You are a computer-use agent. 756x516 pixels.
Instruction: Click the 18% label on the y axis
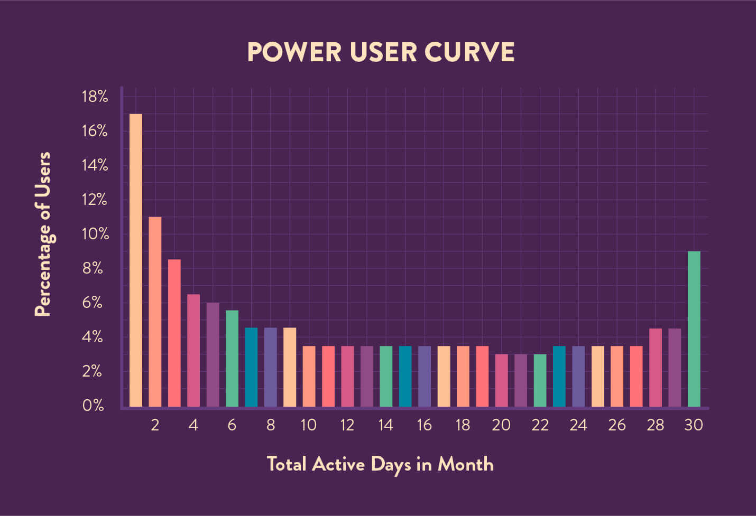[95, 97]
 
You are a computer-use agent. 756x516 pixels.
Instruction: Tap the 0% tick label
[93, 406]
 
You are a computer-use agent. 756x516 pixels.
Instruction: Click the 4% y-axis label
[93, 337]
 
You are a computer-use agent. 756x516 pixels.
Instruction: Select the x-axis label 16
[424, 425]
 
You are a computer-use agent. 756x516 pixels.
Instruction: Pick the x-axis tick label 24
[578, 425]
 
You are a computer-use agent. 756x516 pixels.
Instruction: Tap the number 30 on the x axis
[694, 425]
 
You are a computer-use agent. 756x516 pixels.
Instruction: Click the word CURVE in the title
[469, 52]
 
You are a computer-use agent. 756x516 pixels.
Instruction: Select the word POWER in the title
[294, 52]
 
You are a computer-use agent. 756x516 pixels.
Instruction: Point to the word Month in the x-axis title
[466, 464]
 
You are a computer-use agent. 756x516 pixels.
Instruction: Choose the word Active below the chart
[338, 464]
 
